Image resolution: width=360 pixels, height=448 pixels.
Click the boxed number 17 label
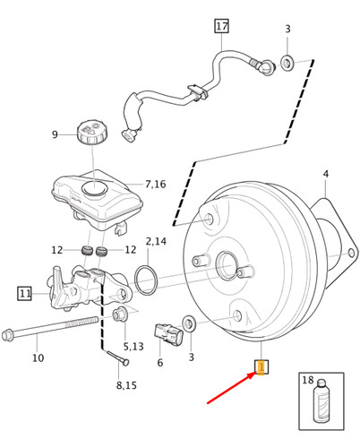pos(221,26)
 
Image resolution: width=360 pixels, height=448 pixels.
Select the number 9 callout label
pos(55,135)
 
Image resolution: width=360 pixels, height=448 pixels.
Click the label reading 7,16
pos(155,185)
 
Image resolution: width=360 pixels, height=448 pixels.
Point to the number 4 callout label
pos(325,174)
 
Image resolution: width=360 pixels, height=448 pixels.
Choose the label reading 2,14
pos(156,242)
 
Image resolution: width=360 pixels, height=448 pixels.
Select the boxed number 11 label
pos(25,293)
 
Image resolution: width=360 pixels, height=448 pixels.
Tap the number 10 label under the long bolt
pos(38,358)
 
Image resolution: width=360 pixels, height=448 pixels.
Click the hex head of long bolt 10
pos(10,336)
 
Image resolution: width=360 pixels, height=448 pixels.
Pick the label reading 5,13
pos(133,347)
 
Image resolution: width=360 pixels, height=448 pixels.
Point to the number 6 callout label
pos(159,363)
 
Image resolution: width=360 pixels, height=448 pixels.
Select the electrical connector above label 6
pos(167,333)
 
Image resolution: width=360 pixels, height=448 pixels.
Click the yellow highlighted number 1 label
pos(261,367)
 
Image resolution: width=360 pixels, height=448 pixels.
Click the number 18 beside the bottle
pos(308,381)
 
